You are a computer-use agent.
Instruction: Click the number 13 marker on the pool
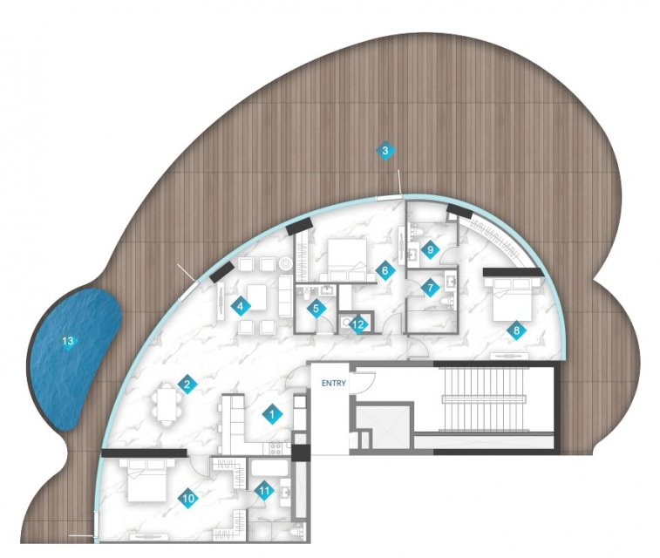click(68, 341)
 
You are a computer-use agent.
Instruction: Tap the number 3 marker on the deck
click(385, 150)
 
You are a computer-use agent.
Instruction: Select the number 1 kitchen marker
click(272, 415)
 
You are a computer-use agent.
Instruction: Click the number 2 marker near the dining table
click(187, 384)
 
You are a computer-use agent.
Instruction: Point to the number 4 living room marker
click(240, 306)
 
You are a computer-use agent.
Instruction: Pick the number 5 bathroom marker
click(316, 309)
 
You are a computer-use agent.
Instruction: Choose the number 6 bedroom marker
click(384, 270)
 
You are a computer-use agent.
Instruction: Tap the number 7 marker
click(430, 289)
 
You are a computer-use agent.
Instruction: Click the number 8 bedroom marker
click(516, 330)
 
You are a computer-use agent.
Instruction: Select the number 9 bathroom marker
click(430, 250)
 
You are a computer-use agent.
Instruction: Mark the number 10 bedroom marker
click(188, 499)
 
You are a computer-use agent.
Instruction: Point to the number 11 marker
click(264, 491)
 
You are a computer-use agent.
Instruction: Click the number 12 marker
click(358, 324)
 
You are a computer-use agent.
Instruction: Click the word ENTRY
click(333, 384)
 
